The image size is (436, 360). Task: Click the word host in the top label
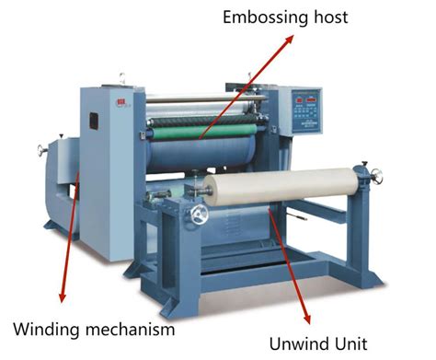(327, 17)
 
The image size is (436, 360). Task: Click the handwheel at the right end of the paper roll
(366, 172)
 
